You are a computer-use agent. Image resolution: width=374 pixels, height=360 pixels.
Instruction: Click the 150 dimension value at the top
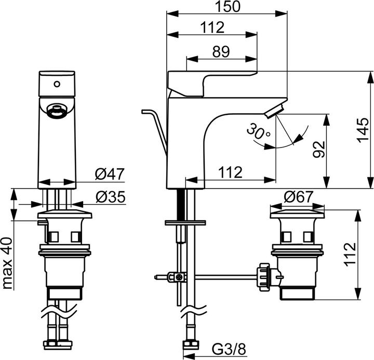point(228,6)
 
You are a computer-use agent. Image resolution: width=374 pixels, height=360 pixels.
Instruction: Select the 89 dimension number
point(221,51)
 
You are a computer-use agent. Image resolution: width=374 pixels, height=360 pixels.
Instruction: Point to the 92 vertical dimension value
point(318,149)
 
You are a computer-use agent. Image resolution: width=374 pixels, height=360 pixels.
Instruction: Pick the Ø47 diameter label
point(110,174)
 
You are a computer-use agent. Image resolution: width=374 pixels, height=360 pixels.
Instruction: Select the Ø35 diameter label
point(111,197)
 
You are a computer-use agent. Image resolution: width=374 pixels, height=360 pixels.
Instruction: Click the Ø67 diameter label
point(298,197)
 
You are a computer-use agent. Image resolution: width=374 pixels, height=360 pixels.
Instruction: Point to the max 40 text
point(7,263)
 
